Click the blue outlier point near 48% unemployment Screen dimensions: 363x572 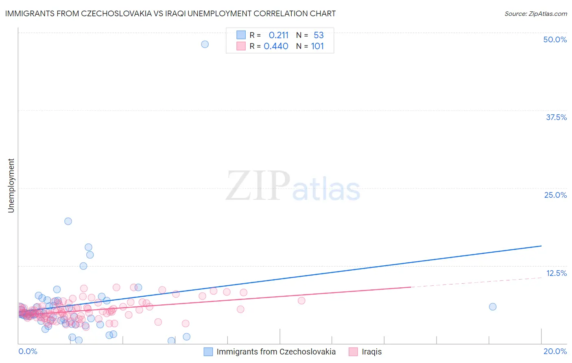click(x=205, y=44)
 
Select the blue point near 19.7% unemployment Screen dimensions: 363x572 click(x=68, y=221)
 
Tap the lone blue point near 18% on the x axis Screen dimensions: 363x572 click(x=493, y=307)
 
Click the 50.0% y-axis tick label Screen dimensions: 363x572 click(x=555, y=39)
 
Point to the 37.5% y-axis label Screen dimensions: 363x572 click(x=556, y=117)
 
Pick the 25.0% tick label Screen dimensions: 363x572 click(x=555, y=195)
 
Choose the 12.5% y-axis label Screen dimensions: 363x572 click(x=556, y=273)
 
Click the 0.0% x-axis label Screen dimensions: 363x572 click(x=28, y=351)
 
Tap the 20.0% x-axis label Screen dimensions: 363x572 click(x=555, y=351)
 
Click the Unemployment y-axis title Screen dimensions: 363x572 click(x=11, y=186)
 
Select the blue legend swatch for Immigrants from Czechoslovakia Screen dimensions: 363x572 click(x=208, y=352)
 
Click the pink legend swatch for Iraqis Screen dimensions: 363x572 click(x=353, y=352)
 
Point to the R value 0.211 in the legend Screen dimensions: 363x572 click(x=279, y=35)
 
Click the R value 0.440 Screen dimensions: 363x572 click(x=276, y=46)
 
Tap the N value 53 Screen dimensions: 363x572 click(x=319, y=35)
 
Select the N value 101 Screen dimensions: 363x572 click(x=317, y=46)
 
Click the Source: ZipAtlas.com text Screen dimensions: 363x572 click(x=535, y=13)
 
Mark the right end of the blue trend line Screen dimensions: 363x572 click(x=541, y=246)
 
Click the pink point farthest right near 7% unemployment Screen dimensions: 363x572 click(x=301, y=301)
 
